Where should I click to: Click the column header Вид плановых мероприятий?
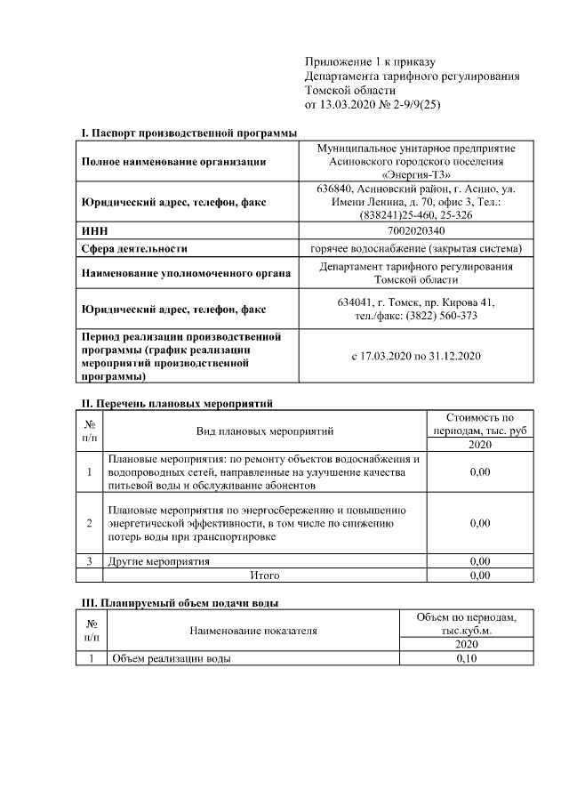click(265, 431)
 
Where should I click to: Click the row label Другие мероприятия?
click(159, 561)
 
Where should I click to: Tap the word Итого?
click(265, 575)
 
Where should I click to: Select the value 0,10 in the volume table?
click(467, 658)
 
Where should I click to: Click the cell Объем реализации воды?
click(172, 658)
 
